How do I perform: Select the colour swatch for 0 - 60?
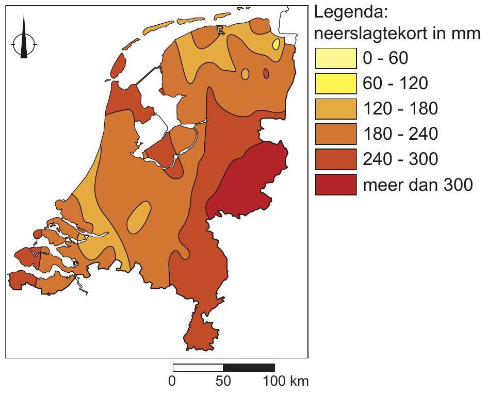336,58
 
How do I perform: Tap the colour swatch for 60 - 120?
336,84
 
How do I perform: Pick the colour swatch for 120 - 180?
336,109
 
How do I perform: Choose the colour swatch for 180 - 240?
336,134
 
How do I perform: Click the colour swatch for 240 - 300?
336,159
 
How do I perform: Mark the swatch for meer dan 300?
336,185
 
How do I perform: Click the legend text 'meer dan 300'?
417,184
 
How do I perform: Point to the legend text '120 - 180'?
400,108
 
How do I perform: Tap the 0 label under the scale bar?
173,382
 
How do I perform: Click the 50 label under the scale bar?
223,382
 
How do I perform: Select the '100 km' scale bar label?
286,382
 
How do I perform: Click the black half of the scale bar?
249,368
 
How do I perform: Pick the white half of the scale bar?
198,368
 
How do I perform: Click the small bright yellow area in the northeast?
276,44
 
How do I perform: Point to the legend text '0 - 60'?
385,58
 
